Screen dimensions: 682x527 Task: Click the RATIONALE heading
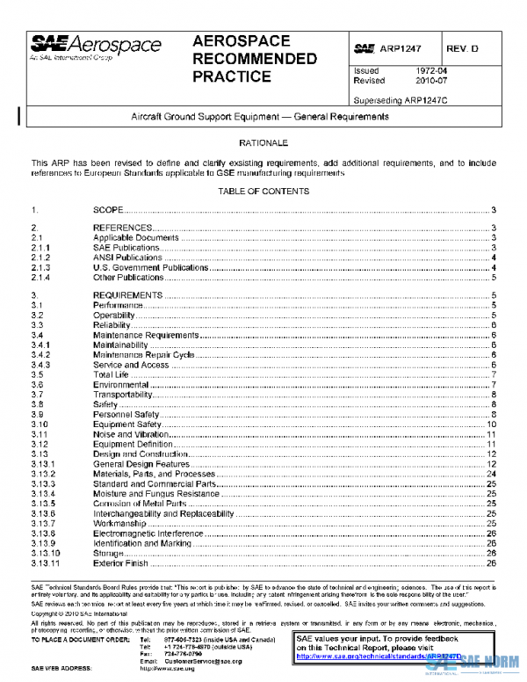coord(263,141)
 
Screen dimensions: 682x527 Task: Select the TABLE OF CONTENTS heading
coord(263,192)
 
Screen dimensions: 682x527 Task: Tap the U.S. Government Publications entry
coord(150,267)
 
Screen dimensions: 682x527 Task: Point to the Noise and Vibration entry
coord(131,434)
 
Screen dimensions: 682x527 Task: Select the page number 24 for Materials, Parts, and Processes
coord(493,474)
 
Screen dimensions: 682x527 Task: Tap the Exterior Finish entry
coord(120,562)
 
